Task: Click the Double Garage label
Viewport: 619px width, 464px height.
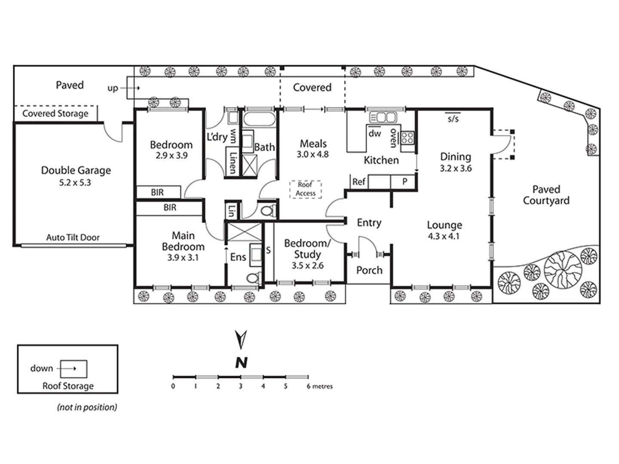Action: pos(76,171)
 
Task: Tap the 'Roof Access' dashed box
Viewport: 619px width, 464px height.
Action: pos(305,189)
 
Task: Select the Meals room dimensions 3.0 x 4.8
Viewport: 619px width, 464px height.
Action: pos(313,155)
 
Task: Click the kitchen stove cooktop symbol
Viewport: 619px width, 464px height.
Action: pos(408,138)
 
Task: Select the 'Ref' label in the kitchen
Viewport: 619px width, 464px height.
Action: pos(359,182)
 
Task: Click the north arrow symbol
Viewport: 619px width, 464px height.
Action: pos(241,339)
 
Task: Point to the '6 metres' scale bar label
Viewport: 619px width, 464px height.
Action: pos(319,386)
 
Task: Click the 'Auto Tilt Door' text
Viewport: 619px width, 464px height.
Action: pos(73,238)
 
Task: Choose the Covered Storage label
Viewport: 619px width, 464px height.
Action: pos(55,113)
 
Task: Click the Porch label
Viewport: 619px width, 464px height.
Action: pos(369,270)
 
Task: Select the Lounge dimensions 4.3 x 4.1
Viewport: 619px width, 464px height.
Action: pos(444,236)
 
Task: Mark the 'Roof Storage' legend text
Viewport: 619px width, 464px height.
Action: pos(68,386)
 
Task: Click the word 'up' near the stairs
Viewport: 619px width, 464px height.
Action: pos(113,88)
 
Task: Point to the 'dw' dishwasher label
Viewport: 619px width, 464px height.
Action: pos(375,133)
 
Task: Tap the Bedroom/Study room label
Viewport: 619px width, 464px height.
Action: pos(307,249)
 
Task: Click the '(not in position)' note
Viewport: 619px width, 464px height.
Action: pos(87,407)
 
